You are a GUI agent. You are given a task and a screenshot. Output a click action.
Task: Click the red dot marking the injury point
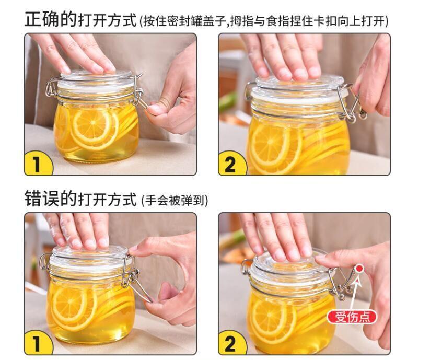point(359,269)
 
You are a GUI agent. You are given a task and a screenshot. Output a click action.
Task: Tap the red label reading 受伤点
point(352,318)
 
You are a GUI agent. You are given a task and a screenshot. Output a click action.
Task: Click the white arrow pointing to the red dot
point(355,293)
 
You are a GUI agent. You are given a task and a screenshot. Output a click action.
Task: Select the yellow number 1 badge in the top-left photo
point(38,163)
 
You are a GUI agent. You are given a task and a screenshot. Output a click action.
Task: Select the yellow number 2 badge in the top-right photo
point(232,163)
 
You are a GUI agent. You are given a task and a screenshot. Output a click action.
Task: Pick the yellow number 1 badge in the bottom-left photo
point(38,342)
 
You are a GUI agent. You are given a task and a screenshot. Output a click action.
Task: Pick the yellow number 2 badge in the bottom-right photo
point(232,342)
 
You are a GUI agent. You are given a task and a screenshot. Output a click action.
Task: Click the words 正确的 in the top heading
point(51,19)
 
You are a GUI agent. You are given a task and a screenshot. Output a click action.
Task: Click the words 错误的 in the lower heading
point(51,199)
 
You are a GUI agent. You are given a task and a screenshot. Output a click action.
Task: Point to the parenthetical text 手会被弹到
point(175,201)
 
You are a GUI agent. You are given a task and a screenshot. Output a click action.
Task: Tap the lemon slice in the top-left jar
point(93,128)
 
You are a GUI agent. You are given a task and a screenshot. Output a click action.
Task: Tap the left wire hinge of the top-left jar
point(52,88)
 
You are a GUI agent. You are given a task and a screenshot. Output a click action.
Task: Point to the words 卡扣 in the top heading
point(327,21)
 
